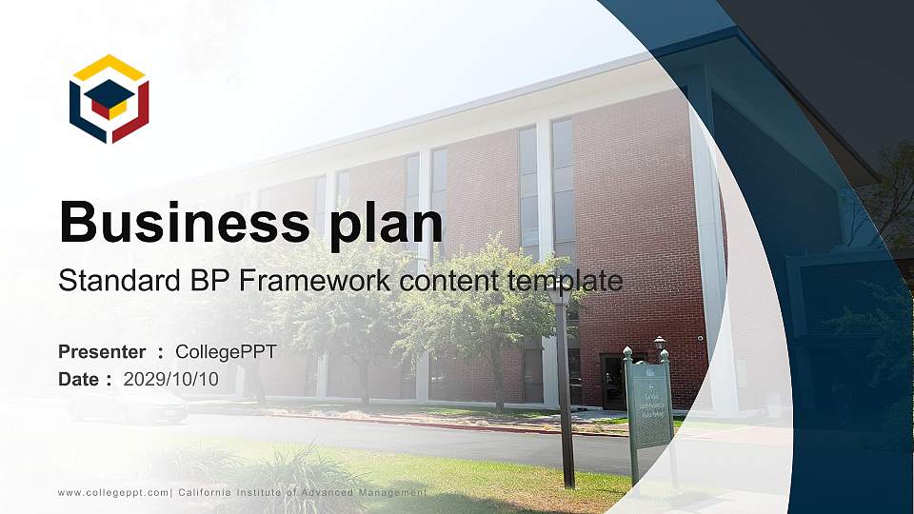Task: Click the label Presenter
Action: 102,352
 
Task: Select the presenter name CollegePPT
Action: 227,352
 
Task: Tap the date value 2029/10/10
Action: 171,379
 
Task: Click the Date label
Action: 79,379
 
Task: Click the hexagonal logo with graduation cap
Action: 109,98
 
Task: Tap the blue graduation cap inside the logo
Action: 110,92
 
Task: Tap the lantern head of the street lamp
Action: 561,294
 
